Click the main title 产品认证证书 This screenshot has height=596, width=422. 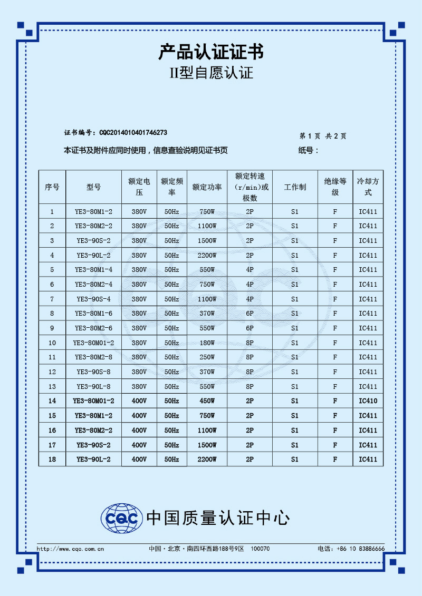(211, 52)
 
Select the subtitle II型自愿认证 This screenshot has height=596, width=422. (211, 73)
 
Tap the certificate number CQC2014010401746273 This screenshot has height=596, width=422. (133, 132)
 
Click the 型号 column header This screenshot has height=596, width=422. (94, 187)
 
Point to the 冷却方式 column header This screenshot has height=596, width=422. (368, 187)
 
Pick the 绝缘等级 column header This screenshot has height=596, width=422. (335, 187)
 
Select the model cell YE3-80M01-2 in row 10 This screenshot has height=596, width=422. (94, 343)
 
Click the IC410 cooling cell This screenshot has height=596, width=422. (368, 401)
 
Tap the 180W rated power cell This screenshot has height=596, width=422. (207, 343)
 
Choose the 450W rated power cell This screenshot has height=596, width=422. (207, 401)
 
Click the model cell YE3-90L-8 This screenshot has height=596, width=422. (94, 386)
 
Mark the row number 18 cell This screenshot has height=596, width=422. (52, 459)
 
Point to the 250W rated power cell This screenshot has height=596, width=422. (207, 357)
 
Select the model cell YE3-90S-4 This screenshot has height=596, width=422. (94, 299)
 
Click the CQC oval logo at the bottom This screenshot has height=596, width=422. (122, 518)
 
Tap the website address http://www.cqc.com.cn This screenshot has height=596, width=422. (70, 549)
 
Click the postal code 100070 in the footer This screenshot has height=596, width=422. (260, 549)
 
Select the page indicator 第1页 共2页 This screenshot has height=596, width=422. (323, 136)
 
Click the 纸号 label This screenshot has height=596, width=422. (308, 151)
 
